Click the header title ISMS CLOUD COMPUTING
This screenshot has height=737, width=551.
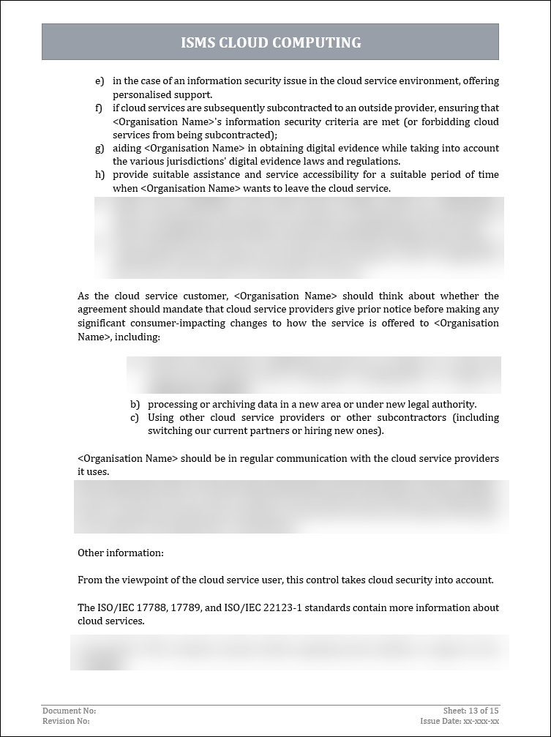coord(271,42)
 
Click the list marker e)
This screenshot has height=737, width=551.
coord(99,81)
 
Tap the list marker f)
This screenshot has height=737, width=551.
coord(99,108)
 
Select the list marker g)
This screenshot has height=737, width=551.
coord(99,148)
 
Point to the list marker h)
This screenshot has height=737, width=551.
coord(99,174)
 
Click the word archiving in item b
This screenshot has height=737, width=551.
coord(230,404)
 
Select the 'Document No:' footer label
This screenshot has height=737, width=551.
coord(70,711)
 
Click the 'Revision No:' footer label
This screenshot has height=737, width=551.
coord(67,721)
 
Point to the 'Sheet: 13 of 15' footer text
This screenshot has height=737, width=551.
coord(471,711)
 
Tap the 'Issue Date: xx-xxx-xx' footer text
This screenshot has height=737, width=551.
coord(460,721)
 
